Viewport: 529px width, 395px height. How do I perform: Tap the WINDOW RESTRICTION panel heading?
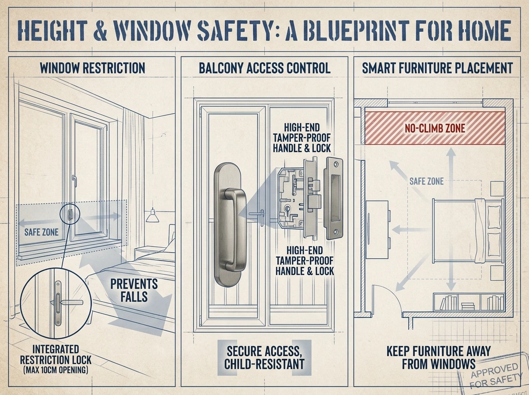click(x=93, y=68)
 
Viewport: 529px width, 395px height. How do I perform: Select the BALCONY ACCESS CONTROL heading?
click(x=264, y=68)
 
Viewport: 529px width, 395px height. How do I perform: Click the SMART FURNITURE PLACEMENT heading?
click(x=437, y=68)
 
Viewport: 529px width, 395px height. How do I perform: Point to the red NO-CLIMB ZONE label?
click(x=435, y=128)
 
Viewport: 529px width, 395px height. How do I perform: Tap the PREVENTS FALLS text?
click(x=134, y=291)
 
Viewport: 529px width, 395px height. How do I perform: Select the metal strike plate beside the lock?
click(x=334, y=198)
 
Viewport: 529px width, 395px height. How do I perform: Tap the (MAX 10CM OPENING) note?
click(x=56, y=370)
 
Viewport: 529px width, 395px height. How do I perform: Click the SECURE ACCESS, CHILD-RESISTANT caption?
click(x=264, y=358)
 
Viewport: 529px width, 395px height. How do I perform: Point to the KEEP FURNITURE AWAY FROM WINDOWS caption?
click(x=439, y=358)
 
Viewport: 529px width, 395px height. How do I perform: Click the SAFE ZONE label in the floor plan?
click(x=426, y=182)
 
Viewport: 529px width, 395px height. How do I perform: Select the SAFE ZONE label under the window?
click(x=41, y=232)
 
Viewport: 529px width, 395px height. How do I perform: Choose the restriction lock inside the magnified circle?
click(x=58, y=303)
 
